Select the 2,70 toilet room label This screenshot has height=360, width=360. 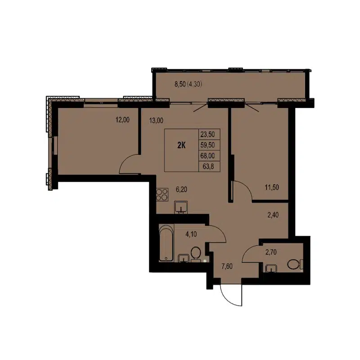point(271,252)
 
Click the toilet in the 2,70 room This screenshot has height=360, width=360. point(295,265)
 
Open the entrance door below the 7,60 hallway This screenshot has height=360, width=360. point(231,295)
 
